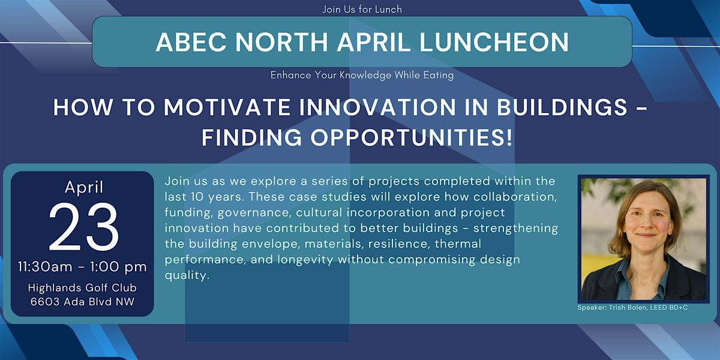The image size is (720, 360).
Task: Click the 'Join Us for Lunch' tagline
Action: click(x=362, y=10)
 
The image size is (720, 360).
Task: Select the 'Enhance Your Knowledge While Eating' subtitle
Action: click(x=362, y=75)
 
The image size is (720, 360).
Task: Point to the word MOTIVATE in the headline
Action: click(x=227, y=107)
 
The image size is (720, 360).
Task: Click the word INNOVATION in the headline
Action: click(x=377, y=107)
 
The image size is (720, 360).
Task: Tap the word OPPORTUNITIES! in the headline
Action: click(x=412, y=137)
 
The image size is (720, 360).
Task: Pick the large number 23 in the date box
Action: click(x=83, y=227)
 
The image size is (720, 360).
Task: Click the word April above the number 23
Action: click(x=84, y=187)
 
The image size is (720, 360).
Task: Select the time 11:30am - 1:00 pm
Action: click(x=82, y=267)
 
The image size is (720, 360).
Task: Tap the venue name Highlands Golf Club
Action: click(x=82, y=287)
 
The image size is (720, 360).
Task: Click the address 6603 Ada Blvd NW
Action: click(x=82, y=301)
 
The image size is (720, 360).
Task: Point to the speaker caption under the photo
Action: click(x=632, y=308)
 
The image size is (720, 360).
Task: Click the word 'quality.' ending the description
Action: click(x=187, y=275)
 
